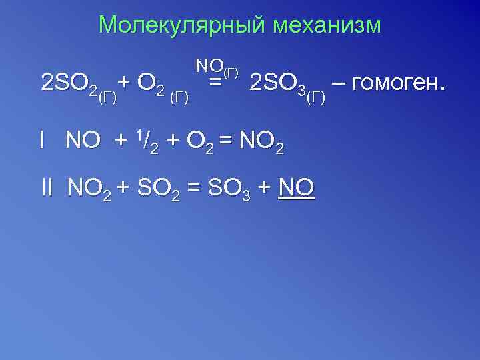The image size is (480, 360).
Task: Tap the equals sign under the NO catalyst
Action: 215,83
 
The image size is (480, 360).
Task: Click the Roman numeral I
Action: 42,140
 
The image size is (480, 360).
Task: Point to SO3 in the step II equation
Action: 229,189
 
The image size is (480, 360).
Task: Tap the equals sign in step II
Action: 193,189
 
